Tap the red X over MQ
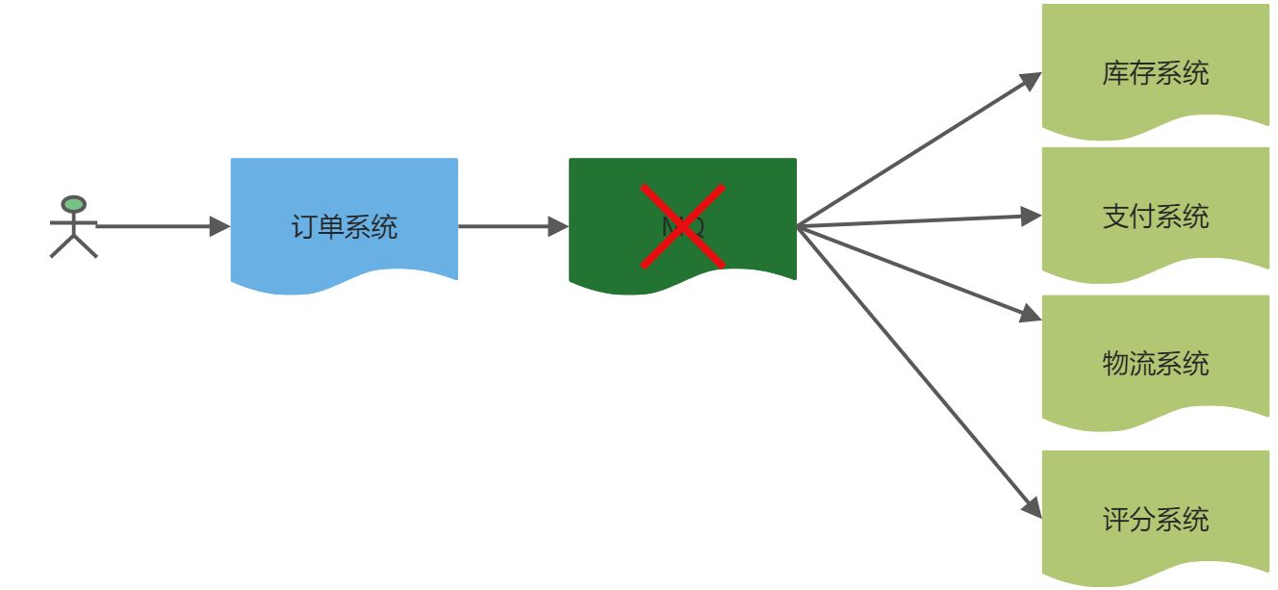(x=682, y=226)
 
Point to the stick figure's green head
(x=73, y=204)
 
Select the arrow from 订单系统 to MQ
(x=510, y=226)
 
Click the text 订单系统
(x=344, y=227)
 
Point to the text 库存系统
(x=1155, y=73)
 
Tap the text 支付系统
(x=1155, y=216)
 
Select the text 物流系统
(x=1155, y=364)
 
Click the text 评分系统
(x=1155, y=520)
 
